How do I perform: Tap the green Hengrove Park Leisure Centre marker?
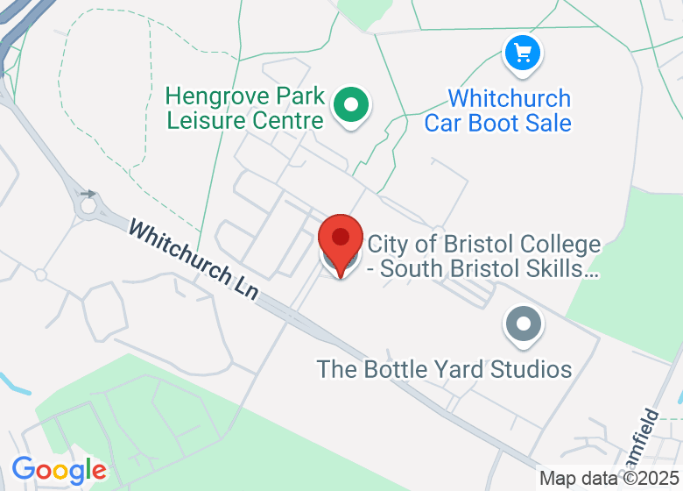(351, 106)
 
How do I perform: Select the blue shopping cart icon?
(524, 53)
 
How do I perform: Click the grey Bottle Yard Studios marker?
(524, 324)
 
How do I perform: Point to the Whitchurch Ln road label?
(194, 260)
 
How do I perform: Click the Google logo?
(59, 471)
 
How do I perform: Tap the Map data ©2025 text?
(609, 479)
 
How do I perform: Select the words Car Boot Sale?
(497, 123)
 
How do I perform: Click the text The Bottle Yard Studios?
(444, 369)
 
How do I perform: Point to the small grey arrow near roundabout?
(88, 194)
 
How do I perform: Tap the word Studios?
(532, 369)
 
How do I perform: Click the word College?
(559, 245)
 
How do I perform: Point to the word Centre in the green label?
(286, 120)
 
